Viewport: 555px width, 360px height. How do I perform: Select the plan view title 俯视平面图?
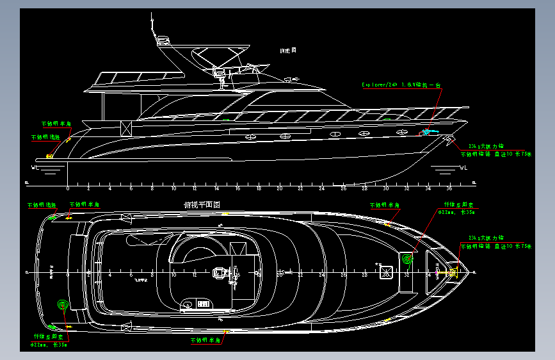(202, 205)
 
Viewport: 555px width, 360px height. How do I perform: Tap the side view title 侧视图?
(288, 50)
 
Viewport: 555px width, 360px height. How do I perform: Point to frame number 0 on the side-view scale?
(68, 189)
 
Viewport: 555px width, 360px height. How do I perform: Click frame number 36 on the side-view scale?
(448, 189)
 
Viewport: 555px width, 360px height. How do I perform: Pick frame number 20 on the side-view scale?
(279, 189)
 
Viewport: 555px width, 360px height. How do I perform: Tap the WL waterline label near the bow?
(463, 168)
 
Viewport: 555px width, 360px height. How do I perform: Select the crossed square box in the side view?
(126, 127)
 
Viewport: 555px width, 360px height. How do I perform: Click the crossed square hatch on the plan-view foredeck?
(385, 272)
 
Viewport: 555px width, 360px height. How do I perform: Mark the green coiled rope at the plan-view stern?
(63, 306)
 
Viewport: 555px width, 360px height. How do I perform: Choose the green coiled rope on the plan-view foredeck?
(407, 260)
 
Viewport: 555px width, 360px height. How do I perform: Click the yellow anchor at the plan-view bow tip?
(450, 272)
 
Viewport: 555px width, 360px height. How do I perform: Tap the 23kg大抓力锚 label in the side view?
(481, 145)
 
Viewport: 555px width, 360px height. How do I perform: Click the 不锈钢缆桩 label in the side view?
(45, 137)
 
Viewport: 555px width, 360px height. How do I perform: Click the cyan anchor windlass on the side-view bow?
(425, 133)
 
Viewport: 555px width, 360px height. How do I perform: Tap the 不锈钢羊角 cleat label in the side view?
(56, 123)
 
